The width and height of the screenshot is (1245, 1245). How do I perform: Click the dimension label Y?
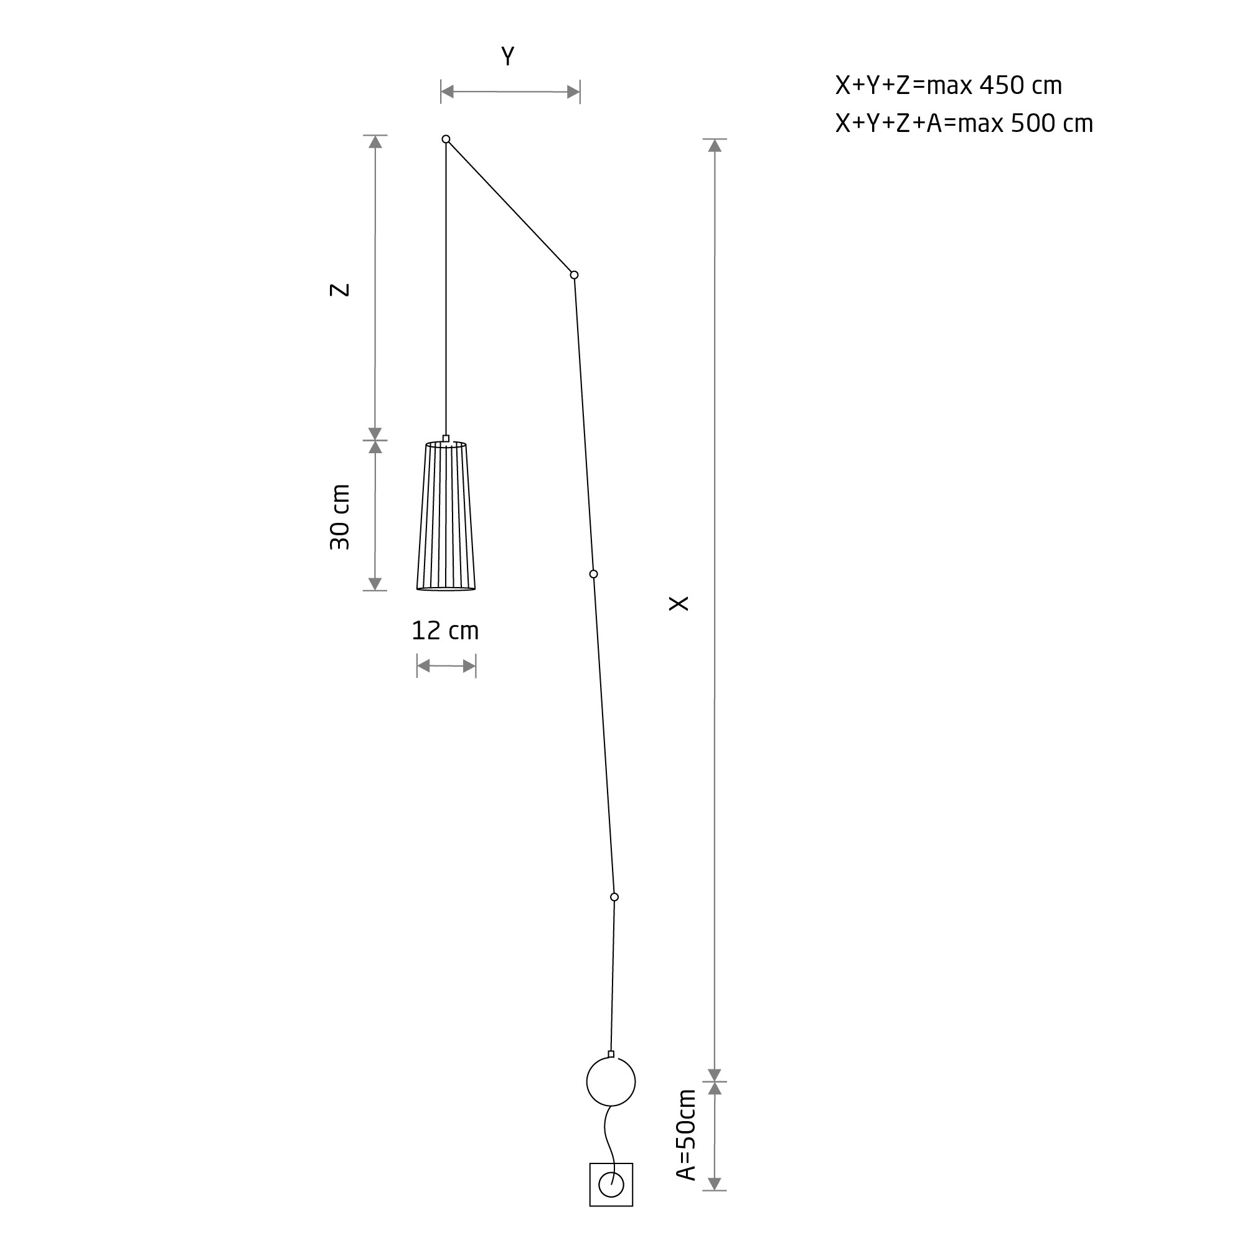click(508, 57)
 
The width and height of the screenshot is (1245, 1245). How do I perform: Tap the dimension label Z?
click(340, 290)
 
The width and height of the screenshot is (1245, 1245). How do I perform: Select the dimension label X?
click(679, 603)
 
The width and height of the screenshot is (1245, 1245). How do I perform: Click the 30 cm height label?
click(340, 517)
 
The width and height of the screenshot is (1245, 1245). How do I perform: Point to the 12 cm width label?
click(445, 631)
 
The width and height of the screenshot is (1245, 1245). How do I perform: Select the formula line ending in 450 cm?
click(949, 86)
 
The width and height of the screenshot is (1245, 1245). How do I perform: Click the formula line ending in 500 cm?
click(964, 124)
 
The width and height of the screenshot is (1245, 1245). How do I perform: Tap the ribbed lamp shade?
click(446, 515)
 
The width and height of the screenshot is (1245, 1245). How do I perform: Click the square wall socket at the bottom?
click(611, 1185)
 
